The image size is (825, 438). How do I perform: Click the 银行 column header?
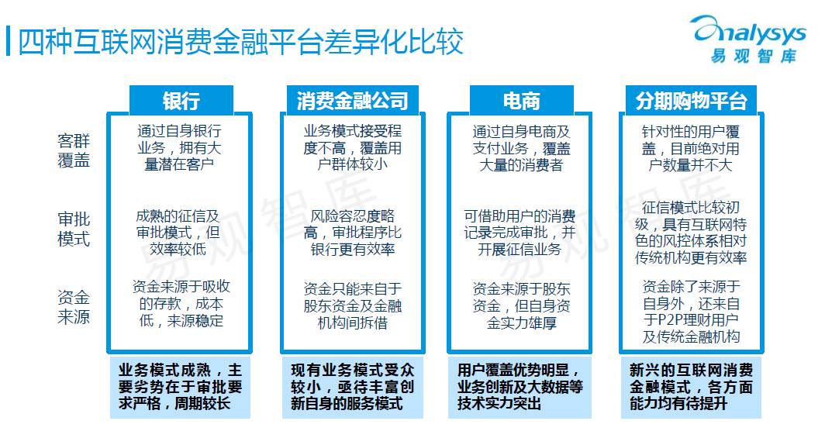pyautogui.click(x=181, y=101)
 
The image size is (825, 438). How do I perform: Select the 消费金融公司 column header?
pyautogui.click(x=352, y=101)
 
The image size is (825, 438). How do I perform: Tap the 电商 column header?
pyautogui.click(x=521, y=101)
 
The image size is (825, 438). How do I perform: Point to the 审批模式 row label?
pyautogui.click(x=74, y=228)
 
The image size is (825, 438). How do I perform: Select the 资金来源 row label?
pyautogui.click(x=74, y=307)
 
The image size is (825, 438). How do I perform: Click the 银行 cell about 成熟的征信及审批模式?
pyautogui.click(x=179, y=232)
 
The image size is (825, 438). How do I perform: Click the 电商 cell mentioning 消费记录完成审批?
pyautogui.click(x=520, y=232)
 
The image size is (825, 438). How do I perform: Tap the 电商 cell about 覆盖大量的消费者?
pyautogui.click(x=520, y=148)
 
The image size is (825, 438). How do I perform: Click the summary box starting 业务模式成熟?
pyautogui.click(x=181, y=386)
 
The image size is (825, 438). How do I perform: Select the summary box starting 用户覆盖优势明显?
pyautogui.click(x=520, y=386)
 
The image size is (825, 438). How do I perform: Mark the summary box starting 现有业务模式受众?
pyautogui.click(x=352, y=386)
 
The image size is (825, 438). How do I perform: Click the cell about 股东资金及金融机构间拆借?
pyautogui.click(x=352, y=306)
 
